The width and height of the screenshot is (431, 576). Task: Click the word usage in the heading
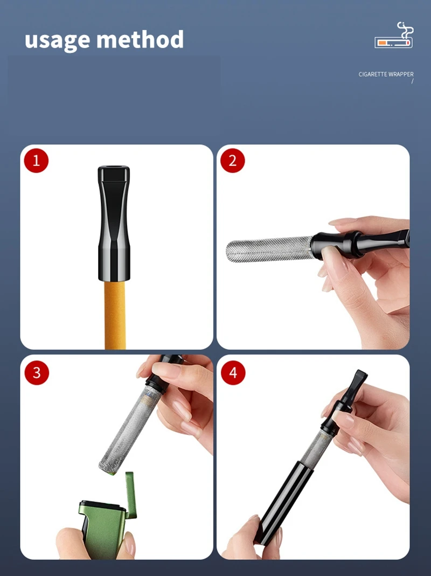point(57,40)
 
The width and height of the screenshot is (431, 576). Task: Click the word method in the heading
point(140,39)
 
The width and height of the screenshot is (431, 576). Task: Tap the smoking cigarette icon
point(394,35)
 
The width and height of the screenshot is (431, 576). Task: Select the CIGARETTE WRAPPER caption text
point(386,74)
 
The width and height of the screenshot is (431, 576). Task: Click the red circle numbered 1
point(37,161)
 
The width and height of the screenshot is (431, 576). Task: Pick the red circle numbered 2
point(233,161)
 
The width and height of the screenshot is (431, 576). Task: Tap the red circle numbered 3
point(37,372)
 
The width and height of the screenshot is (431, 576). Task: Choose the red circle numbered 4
point(233,372)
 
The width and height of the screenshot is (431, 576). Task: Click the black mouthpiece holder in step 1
point(114,224)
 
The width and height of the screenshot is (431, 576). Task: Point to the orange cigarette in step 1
point(115,315)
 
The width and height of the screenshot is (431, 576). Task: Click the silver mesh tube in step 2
point(269,249)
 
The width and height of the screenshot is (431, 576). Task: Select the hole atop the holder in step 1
point(114,169)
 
